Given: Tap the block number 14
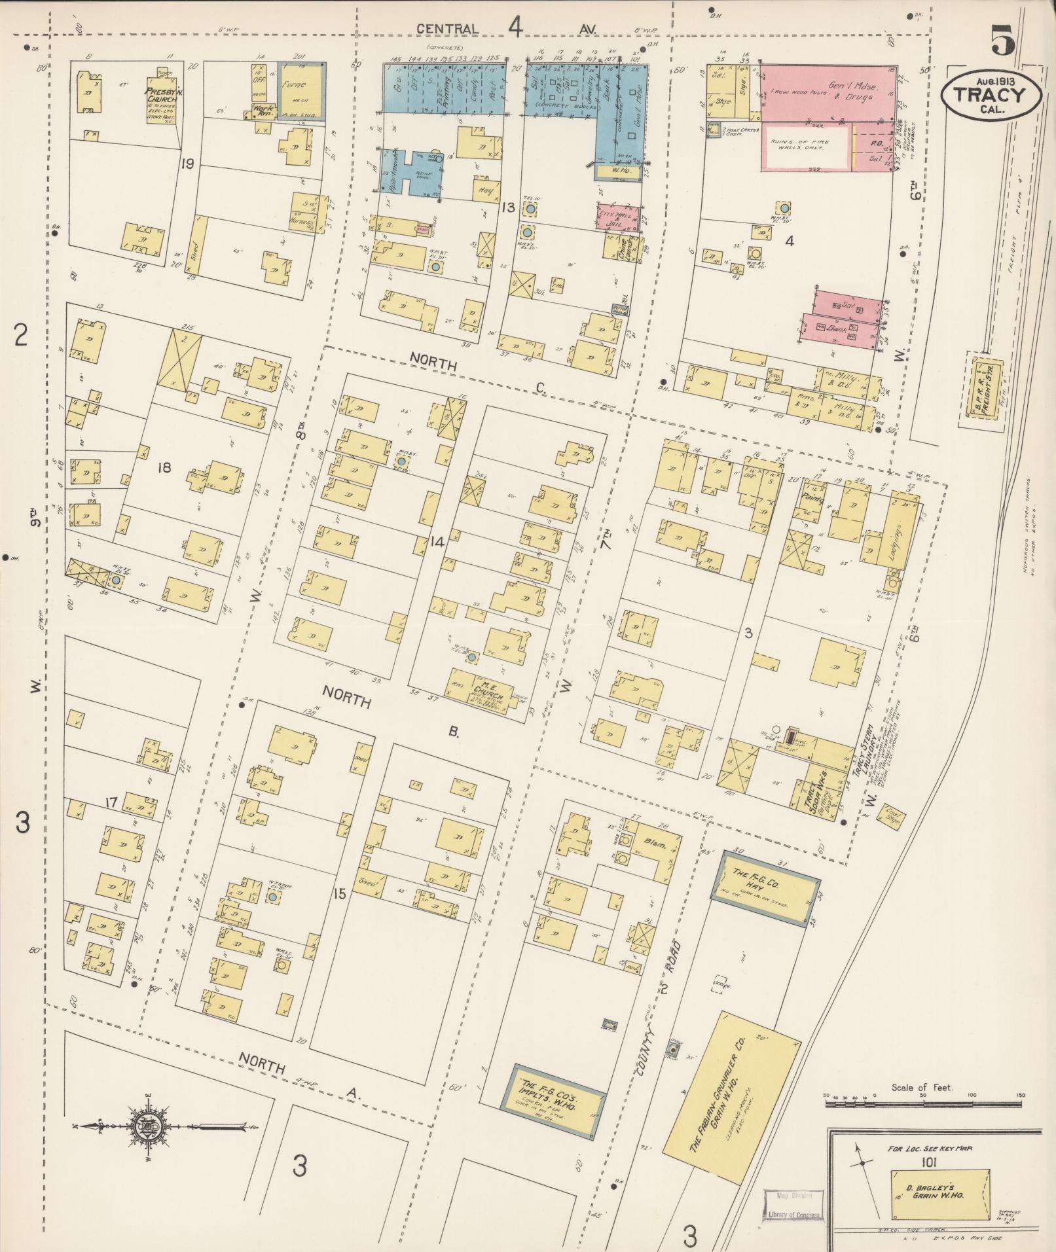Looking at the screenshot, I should pos(438,541).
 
